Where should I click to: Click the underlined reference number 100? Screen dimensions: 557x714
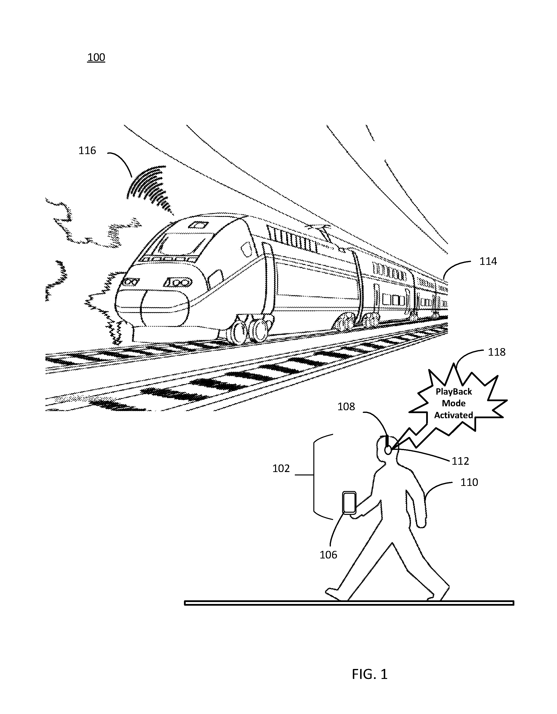(96, 57)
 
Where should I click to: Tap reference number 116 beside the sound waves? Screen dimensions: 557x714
(87, 150)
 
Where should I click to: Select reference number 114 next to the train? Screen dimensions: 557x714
(488, 261)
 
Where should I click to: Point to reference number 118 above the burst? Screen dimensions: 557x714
(497, 352)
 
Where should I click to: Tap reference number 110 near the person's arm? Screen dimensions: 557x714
(469, 482)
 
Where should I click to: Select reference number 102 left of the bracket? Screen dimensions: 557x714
(281, 468)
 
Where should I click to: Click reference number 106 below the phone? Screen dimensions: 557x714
(328, 555)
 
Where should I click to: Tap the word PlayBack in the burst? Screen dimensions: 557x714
(454, 392)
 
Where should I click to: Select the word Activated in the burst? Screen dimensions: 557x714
(454, 415)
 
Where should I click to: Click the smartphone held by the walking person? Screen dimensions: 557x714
(349, 502)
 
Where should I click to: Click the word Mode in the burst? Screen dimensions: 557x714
(454, 403)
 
